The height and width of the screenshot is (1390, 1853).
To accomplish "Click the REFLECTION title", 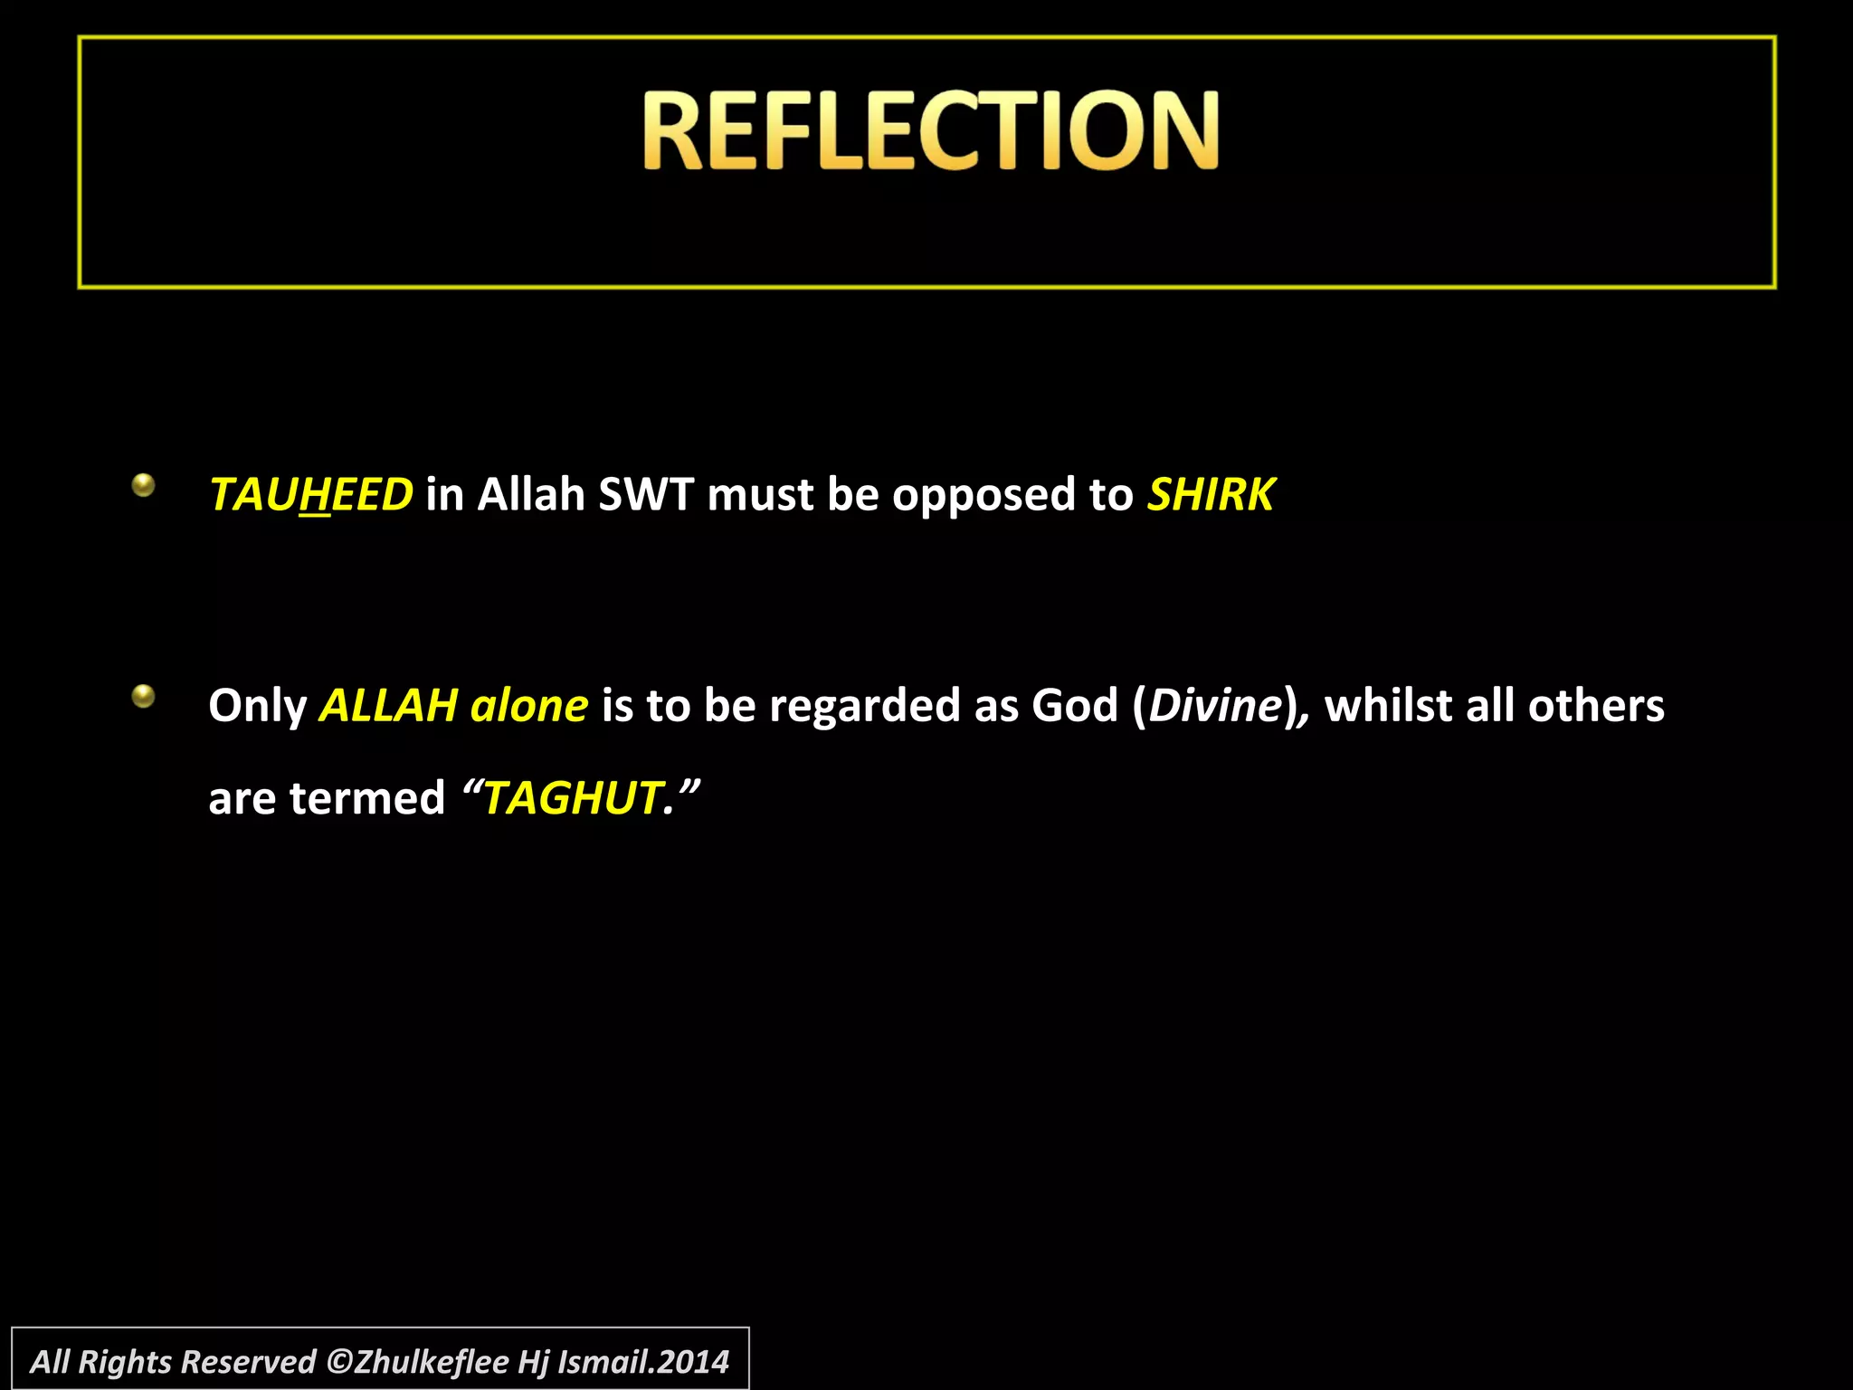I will coord(931,130).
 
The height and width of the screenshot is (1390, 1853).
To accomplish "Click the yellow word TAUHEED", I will coord(310,495).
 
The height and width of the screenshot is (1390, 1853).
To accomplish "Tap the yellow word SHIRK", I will coord(1212,495).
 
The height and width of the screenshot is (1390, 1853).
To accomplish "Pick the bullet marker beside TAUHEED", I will coord(143,486).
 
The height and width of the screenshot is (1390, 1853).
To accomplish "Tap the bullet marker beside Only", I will coord(143,697).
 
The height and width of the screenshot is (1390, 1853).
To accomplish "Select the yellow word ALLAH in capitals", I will coord(389,706).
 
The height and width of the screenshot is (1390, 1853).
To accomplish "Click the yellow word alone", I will coord(529,706).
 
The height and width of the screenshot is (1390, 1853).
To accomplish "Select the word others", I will coord(1596,706).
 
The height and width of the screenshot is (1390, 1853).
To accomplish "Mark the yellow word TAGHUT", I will coord(572,799).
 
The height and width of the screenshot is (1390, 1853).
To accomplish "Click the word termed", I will coord(367,799).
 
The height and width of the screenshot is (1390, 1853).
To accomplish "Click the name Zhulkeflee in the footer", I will coord(432,1361).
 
